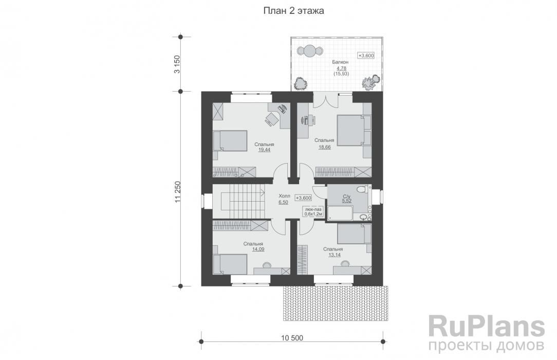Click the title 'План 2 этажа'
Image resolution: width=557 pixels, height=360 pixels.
293,11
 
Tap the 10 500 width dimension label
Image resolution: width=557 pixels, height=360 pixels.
292,337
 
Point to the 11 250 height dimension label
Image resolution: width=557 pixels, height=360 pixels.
178,193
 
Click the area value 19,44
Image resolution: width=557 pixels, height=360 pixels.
264,150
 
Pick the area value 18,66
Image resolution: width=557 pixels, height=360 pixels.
324,147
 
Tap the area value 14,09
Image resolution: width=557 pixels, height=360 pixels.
258,249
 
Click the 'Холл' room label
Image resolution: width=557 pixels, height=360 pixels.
284,196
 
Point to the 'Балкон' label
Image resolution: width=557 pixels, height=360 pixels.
340,62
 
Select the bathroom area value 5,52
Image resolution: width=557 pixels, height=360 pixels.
346,201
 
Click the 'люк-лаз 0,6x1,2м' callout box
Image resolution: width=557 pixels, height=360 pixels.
313,212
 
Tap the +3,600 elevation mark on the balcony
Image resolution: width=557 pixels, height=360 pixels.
366,56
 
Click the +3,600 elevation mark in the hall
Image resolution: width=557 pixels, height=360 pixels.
303,198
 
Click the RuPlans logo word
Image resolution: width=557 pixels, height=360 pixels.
487,327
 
